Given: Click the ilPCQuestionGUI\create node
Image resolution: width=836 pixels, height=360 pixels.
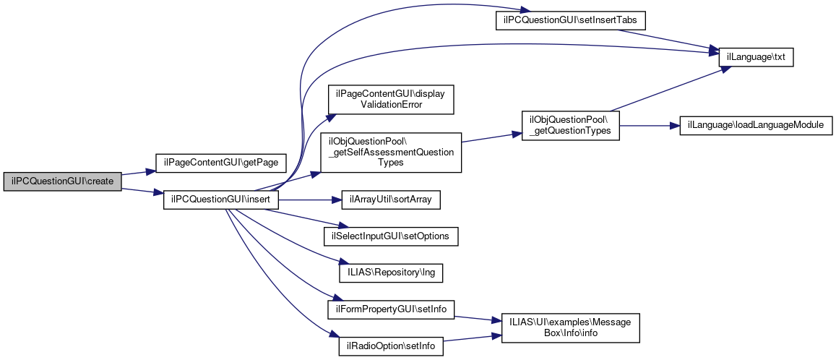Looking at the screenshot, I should click(x=62, y=181).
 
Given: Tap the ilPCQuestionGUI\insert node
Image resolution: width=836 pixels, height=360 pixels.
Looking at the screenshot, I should click(x=221, y=200).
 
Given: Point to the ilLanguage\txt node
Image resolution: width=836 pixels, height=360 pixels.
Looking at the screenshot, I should click(x=756, y=56).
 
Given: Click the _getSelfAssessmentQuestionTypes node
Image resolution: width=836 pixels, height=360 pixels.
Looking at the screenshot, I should click(x=391, y=152).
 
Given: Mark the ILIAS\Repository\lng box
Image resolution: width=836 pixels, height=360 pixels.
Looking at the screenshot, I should click(x=391, y=273).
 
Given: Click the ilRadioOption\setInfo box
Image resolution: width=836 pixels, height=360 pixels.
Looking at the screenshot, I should click(x=391, y=346).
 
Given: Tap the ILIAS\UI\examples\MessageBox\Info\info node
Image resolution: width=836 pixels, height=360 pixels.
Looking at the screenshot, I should click(x=566, y=327).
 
